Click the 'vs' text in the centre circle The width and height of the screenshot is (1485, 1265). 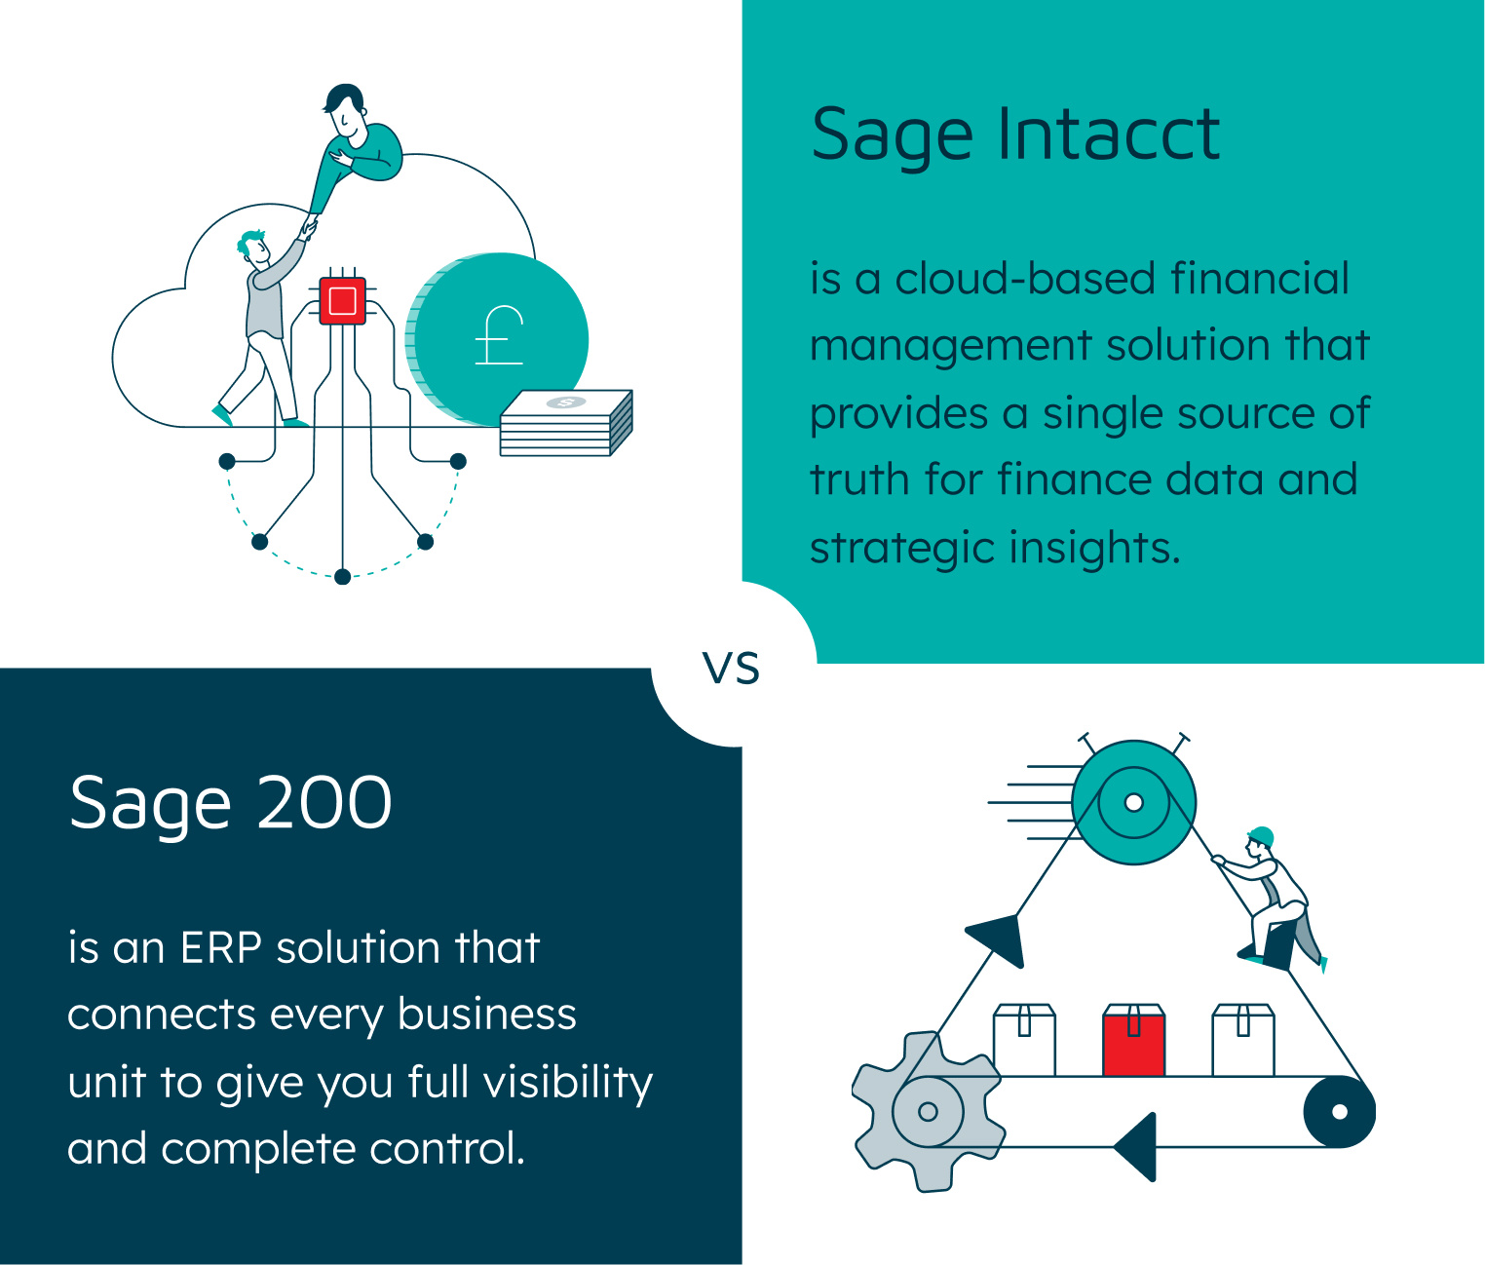tap(731, 669)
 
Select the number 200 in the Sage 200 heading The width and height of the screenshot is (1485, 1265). tap(324, 803)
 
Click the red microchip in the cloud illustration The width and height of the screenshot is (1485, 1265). tap(342, 300)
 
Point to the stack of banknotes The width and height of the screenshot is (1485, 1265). tap(566, 424)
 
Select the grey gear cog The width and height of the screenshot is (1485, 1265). tap(927, 1111)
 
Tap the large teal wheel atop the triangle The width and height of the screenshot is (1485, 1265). tap(1133, 803)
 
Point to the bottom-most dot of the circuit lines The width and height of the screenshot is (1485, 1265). tap(342, 577)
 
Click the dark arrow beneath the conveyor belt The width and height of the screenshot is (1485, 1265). tap(1137, 1146)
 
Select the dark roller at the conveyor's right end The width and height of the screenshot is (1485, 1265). tap(1339, 1112)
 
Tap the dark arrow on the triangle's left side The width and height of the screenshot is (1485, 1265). tap(999, 939)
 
